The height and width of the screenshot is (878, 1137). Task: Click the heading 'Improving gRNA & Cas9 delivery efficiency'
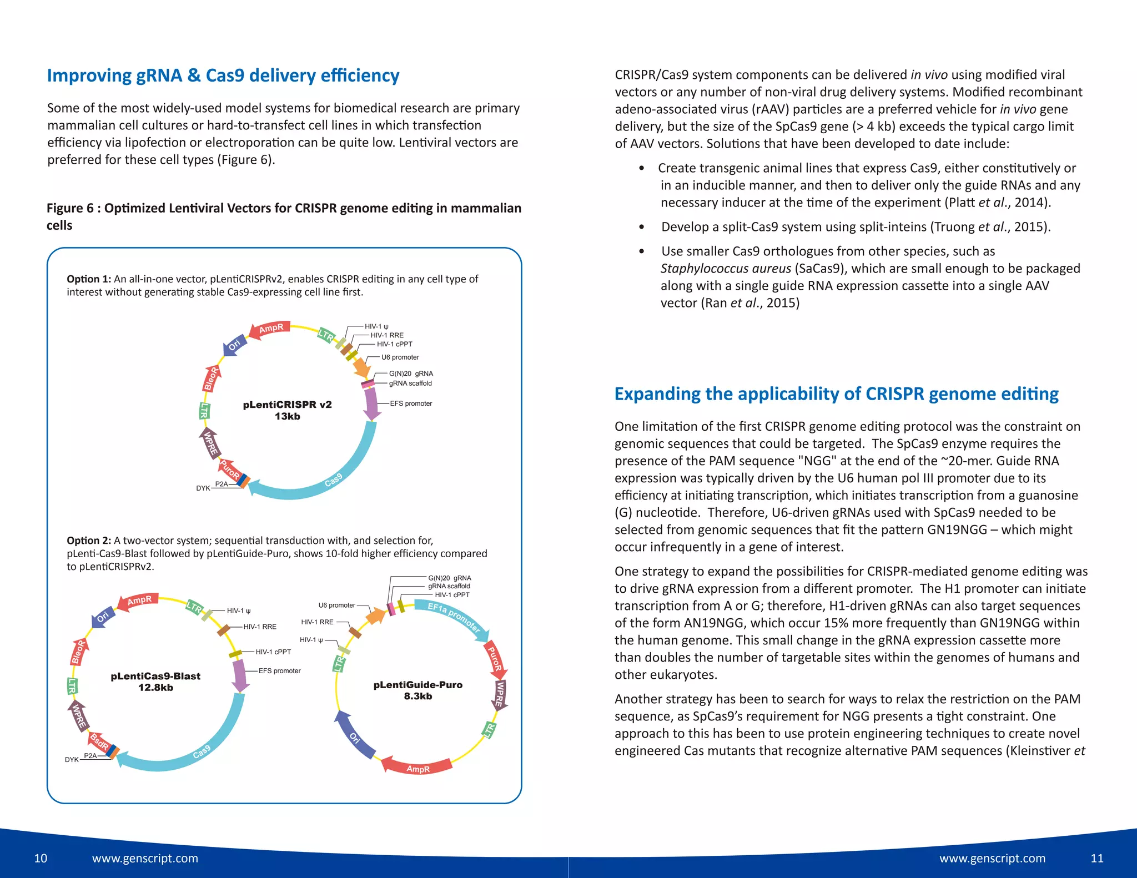tap(223, 75)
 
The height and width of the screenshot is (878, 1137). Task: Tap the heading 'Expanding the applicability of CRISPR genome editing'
tap(836, 394)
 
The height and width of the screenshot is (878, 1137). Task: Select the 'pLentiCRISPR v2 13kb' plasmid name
tap(287, 410)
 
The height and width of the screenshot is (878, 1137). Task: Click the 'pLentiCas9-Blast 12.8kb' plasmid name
tap(155, 682)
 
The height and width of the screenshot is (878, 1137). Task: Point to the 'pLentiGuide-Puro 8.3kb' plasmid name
tap(417, 690)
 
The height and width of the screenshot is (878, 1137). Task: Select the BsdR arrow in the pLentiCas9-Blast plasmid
tap(99, 741)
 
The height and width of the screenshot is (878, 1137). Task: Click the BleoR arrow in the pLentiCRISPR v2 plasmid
tap(210, 379)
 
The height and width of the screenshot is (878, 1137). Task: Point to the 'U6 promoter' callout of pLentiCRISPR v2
tap(400, 357)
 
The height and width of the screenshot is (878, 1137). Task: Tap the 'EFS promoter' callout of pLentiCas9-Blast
tap(279, 671)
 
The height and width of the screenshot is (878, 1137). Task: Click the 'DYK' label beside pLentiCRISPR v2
tap(203, 488)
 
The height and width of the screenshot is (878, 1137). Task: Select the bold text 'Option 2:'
tap(89, 541)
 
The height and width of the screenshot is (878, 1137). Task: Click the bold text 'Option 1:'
tap(89, 279)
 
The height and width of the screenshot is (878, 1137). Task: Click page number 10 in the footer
tap(41, 859)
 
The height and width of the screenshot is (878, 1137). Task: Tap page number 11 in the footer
tap(1096, 859)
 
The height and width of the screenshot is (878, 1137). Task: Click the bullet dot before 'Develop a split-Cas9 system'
tap(642, 227)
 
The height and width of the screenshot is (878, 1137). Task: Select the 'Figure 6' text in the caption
tap(70, 208)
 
